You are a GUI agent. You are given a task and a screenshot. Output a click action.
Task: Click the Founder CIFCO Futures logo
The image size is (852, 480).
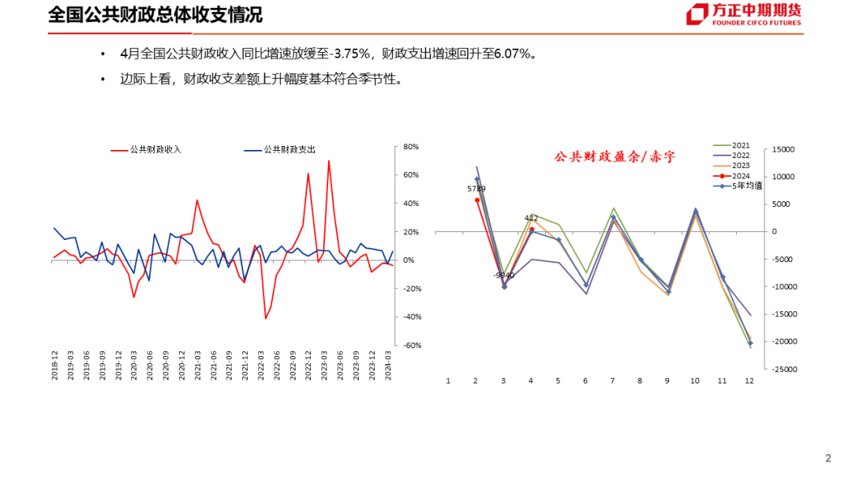(744, 15)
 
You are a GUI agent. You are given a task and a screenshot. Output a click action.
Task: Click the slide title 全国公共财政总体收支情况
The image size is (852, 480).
(155, 15)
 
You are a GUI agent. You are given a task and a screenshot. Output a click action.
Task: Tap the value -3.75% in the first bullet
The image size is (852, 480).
(354, 54)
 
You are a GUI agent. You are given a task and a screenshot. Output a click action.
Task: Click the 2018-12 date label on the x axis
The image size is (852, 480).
(55, 366)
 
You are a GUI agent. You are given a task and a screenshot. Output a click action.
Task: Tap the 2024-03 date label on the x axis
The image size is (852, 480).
(387, 366)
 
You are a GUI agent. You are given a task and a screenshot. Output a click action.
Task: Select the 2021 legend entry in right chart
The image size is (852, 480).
(741, 146)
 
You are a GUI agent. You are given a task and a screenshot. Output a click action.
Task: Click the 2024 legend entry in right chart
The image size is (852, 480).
(741, 176)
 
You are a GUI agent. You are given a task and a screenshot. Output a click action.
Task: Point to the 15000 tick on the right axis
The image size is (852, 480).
(783, 149)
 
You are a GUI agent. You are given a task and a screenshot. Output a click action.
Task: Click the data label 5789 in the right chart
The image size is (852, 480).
(476, 189)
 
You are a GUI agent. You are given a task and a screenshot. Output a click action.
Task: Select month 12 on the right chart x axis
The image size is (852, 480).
(749, 381)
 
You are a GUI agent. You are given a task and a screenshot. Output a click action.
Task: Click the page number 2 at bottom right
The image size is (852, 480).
(828, 459)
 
